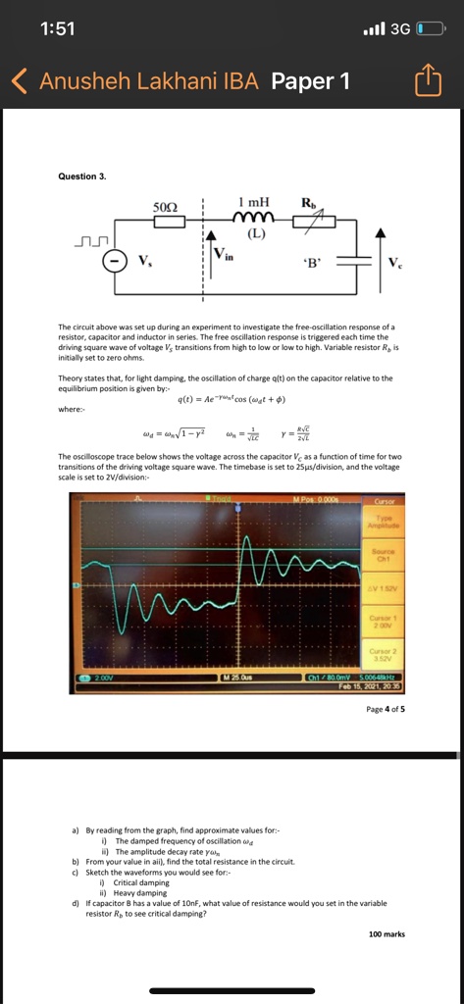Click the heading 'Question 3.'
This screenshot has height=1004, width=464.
point(82,176)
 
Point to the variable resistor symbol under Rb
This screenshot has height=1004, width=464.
point(310,221)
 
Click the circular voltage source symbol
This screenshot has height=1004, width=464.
point(117,260)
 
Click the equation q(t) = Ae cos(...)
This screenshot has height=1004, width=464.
point(232,398)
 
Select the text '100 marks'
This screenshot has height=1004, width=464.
point(387,934)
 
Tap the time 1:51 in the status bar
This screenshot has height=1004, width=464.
point(59,28)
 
